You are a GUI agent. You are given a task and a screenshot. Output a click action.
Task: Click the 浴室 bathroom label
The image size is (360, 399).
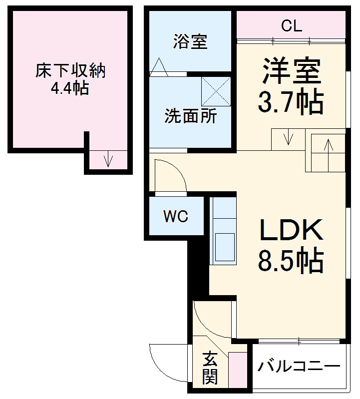tap(190, 42)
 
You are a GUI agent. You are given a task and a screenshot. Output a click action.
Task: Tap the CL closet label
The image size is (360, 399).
tap(291, 26)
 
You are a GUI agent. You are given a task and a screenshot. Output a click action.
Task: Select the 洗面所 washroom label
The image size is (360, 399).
tap(191, 116)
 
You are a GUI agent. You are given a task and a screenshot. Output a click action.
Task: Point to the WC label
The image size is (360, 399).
tap(176, 216)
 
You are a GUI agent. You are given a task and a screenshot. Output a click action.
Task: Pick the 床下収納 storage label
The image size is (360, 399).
tap(70, 71)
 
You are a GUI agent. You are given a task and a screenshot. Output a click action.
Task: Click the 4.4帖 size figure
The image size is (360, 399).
tap(70, 89)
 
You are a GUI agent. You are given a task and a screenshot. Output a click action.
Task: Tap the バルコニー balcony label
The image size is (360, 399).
tap(299, 367)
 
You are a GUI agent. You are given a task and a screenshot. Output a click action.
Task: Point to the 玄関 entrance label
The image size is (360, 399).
tap(210, 368)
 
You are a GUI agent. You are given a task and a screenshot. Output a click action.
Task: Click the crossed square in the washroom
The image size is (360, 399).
tap(216, 91)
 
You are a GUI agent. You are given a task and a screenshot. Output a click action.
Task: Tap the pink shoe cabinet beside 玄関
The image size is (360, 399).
tap(238, 371)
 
